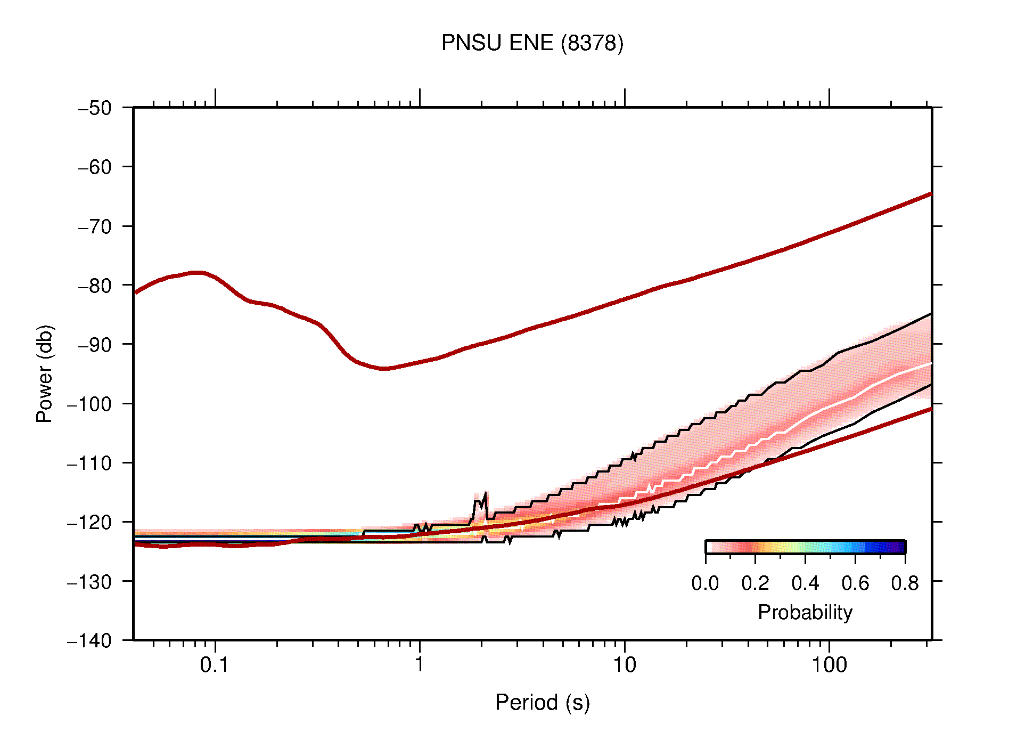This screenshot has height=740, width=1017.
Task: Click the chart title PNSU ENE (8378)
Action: [532, 43]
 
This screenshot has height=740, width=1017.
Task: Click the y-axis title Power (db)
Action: [45, 373]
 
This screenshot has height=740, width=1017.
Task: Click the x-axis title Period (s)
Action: [542, 702]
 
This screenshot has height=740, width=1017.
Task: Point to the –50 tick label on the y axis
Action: [95, 108]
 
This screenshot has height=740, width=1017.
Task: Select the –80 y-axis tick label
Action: [95, 286]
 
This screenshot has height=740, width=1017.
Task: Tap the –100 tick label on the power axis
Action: [89, 404]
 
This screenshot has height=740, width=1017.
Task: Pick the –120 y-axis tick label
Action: [89, 522]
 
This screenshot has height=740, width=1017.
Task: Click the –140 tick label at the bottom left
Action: [89, 640]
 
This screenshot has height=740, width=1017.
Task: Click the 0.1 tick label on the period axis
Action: [215, 665]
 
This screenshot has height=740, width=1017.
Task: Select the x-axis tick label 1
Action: [420, 665]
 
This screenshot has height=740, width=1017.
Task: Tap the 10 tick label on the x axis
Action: [624, 665]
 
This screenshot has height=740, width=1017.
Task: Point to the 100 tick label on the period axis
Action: [829, 665]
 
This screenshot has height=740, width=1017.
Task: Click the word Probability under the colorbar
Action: [805, 613]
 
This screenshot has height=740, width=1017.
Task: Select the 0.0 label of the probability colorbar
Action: [705, 583]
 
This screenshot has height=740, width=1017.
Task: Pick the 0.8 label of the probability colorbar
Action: [905, 583]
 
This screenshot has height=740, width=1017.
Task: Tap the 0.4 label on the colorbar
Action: [805, 583]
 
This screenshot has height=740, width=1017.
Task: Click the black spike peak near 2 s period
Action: [485, 494]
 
